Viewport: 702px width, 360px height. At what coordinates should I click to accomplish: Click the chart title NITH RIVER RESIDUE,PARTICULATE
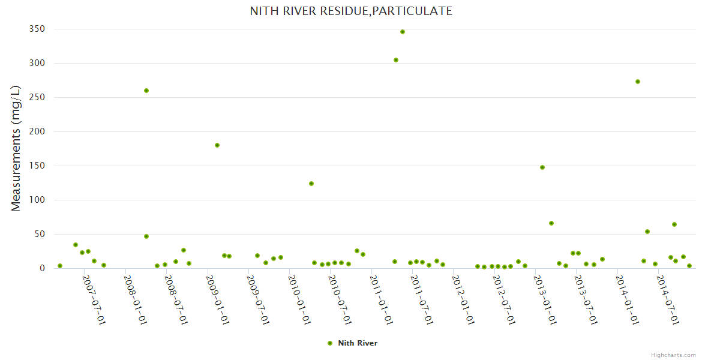pyautogui.click(x=351, y=11)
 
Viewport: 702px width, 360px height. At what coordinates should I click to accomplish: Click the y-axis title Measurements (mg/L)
pyautogui.click(x=16, y=148)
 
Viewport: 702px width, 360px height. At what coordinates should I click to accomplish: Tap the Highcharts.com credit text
pyautogui.click(x=673, y=355)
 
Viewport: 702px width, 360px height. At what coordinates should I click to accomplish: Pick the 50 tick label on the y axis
pyautogui.click(x=39, y=234)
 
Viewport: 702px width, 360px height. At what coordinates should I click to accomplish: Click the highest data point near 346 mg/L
pyautogui.click(x=403, y=32)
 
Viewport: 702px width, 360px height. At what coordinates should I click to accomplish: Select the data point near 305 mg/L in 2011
pyautogui.click(x=396, y=60)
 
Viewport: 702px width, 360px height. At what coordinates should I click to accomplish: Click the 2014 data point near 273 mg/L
pyautogui.click(x=638, y=82)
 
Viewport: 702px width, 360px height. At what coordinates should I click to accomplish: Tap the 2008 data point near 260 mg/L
pyautogui.click(x=146, y=91)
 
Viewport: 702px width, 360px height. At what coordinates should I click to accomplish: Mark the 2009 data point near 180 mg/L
pyautogui.click(x=217, y=145)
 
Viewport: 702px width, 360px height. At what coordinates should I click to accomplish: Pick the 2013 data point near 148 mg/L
pyautogui.click(x=542, y=167)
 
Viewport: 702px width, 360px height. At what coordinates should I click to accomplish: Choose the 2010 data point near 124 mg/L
pyautogui.click(x=311, y=184)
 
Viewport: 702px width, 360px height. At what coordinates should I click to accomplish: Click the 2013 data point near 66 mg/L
pyautogui.click(x=551, y=223)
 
